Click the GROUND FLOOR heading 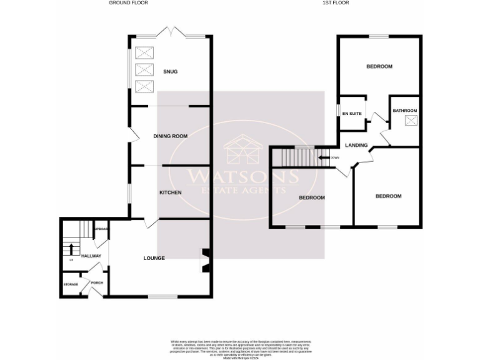[x=128, y=2]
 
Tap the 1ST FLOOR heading [x=336, y=2]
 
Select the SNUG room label [x=170, y=72]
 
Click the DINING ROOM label [x=170, y=136]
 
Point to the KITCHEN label [x=170, y=192]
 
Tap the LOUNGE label [x=154, y=258]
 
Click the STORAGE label [x=71, y=284]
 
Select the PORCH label [x=97, y=282]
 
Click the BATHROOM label [x=404, y=111]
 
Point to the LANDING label [x=356, y=146]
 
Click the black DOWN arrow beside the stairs [x=324, y=157]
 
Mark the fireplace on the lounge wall [x=204, y=261]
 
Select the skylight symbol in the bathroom [x=411, y=121]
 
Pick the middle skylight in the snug [x=144, y=69]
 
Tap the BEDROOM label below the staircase [x=311, y=198]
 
